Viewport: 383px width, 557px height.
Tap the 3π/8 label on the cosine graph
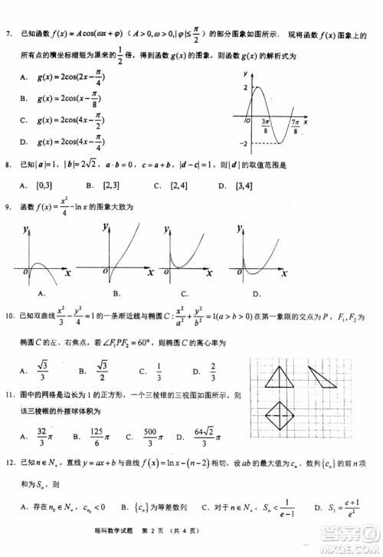click(264, 126)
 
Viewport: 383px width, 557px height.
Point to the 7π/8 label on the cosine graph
click(295, 126)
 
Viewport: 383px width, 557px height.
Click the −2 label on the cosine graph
click(243, 143)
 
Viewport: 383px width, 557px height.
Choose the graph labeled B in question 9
click(115, 257)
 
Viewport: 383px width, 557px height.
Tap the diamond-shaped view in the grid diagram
click(277, 418)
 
